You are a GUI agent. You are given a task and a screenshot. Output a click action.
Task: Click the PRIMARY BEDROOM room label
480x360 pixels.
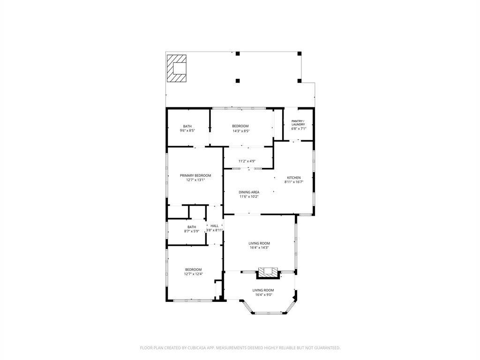click(195, 175)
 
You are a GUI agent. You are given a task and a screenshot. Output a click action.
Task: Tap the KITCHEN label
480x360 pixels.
click(293, 178)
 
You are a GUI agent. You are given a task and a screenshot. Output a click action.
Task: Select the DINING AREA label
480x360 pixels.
click(249, 192)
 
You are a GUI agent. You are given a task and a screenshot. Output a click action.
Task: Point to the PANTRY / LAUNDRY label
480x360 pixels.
click(298, 123)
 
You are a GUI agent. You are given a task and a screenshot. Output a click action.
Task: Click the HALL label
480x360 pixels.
click(215, 226)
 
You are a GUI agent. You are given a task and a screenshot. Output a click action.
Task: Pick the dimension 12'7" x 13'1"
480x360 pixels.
click(195, 180)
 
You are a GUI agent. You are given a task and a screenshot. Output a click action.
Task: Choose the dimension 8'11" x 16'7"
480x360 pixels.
click(293, 182)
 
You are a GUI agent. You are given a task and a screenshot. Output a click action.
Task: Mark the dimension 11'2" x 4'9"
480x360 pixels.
click(247, 161)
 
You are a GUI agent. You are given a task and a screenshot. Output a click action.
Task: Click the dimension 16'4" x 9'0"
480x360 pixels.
click(263, 295)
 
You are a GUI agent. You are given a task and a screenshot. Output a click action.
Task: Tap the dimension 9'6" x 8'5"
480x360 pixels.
click(187, 131)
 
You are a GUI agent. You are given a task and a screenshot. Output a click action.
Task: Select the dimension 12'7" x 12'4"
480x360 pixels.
click(194, 274)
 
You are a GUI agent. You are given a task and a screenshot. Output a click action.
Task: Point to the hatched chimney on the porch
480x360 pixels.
click(176, 68)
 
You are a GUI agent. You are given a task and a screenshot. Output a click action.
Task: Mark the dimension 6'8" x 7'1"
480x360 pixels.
click(298, 128)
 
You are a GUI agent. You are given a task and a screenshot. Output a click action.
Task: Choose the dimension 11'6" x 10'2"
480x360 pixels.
click(249, 197)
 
